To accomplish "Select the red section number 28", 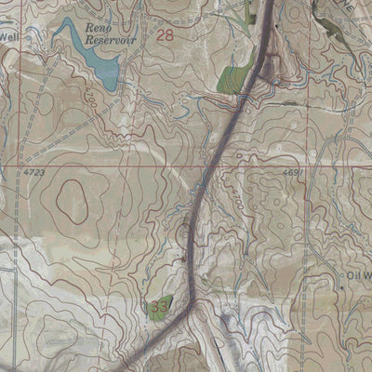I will click(x=166, y=35).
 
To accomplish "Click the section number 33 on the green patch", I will click(x=159, y=305).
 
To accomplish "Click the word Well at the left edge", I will click(x=9, y=36).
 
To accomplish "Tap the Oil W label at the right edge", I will click(x=359, y=275).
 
